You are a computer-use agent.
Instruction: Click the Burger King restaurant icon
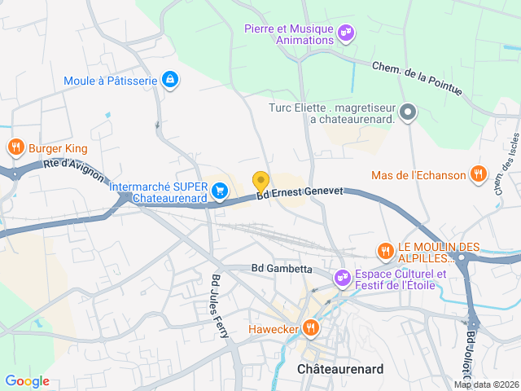pyautogui.click(x=15, y=147)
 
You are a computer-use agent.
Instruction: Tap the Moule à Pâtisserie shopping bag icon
pyautogui.click(x=170, y=79)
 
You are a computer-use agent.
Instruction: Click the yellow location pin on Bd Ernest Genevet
pyautogui.click(x=260, y=182)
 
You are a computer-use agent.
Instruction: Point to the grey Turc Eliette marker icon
pyautogui.click(x=409, y=113)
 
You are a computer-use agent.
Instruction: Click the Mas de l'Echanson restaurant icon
pyautogui.click(x=479, y=174)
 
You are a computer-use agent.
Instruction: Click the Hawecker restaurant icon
pyautogui.click(x=310, y=328)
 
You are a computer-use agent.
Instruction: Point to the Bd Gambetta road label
pyautogui.click(x=282, y=267)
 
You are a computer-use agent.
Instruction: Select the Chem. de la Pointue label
pyautogui.click(x=418, y=81)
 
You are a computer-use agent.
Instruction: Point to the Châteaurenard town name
pyautogui.click(x=340, y=369)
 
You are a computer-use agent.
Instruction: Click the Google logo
pyautogui.click(x=27, y=381)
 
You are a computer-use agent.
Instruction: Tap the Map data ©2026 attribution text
pyautogui.click(x=486, y=385)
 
